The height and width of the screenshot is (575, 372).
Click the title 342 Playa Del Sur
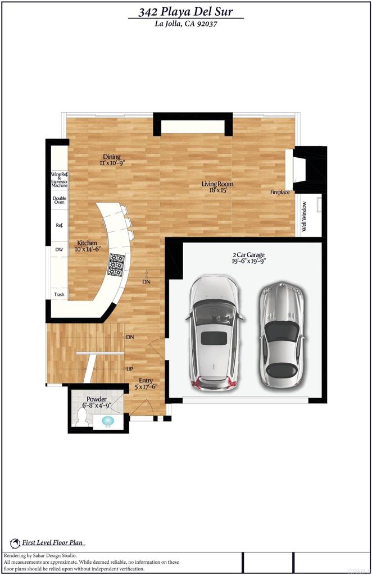click(x=186, y=11)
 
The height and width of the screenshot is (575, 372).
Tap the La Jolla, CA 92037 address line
click(x=186, y=24)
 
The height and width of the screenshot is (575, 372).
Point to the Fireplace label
click(x=280, y=193)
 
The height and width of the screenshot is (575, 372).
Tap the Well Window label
click(x=305, y=217)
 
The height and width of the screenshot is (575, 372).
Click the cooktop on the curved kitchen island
click(x=116, y=264)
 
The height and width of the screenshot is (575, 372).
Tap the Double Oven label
click(x=59, y=200)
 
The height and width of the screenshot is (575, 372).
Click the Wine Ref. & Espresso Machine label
click(x=59, y=180)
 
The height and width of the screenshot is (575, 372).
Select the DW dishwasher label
click(x=59, y=249)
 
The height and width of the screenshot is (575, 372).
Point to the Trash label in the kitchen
click(x=59, y=294)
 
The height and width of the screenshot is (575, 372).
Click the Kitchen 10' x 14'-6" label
click(x=87, y=246)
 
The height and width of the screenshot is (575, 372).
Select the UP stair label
click(x=130, y=369)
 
